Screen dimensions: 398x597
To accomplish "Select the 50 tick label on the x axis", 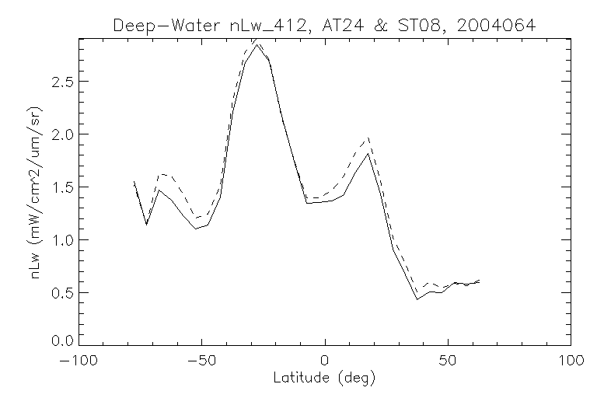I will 448,361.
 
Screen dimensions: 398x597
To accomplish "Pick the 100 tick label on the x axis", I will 571,361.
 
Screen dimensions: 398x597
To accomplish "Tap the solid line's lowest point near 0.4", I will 417,299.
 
